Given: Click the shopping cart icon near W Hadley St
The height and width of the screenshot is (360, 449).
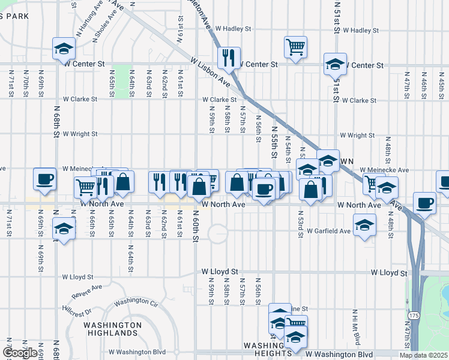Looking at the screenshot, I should click(x=295, y=47).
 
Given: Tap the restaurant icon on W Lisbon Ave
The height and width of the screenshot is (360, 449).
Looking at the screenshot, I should click(x=229, y=58).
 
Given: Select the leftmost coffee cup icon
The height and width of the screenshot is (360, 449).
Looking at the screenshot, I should click(x=45, y=179).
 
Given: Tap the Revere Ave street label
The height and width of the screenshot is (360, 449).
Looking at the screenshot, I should click(x=86, y=291).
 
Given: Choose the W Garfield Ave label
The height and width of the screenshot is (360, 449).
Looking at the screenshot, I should click(x=328, y=231).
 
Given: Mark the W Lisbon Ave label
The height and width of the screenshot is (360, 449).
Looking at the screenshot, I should click(x=211, y=71).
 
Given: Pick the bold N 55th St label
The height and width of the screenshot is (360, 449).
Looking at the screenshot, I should click(x=274, y=142).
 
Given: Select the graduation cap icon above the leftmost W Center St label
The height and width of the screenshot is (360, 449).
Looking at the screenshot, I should click(x=63, y=49).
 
